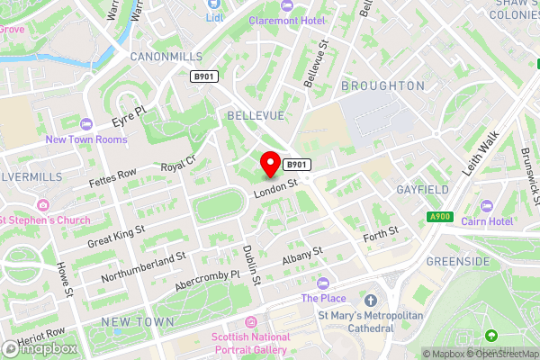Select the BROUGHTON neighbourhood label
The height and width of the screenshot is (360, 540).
[x=382, y=85]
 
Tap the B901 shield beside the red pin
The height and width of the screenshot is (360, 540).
[x=298, y=165]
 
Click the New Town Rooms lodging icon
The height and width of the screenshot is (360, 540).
[x=86, y=123]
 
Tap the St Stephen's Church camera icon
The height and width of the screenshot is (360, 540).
[x=42, y=205]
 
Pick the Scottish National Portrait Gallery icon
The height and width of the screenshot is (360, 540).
[x=250, y=322]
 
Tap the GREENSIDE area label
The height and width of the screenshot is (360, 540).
[x=458, y=262]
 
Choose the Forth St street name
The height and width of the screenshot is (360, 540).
[x=380, y=238]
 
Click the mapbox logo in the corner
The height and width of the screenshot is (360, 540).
[x=40, y=347]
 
